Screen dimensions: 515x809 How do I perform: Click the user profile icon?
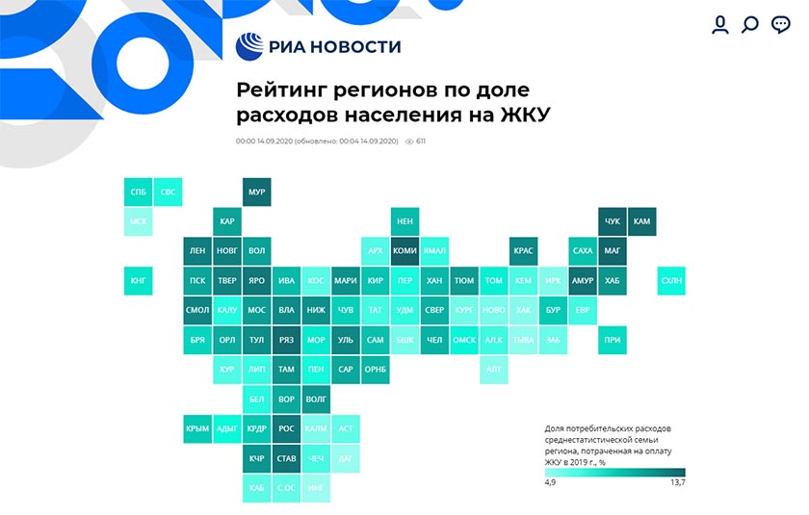coord(719,25)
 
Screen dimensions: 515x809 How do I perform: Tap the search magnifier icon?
coord(750,25)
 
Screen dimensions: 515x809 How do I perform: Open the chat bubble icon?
coord(781,25)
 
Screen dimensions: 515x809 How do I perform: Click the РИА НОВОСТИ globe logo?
coord(250,47)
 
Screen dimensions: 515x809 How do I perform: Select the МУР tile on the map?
coord(256,193)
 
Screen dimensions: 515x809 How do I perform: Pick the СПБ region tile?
coord(139,193)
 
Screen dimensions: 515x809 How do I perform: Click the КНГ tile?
coord(139,281)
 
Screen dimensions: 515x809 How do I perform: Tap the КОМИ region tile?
coord(404,251)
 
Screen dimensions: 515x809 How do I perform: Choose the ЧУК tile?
coord(613,222)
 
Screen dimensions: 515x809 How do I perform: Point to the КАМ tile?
coord(641,222)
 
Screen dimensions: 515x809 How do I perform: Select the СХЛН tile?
coord(670,281)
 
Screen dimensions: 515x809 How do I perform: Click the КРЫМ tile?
coord(197,428)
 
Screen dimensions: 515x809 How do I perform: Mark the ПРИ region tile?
coord(613,340)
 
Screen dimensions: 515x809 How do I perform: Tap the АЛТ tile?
coord(493,369)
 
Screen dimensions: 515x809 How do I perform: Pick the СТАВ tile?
coord(286,458)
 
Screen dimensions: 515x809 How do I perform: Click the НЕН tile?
coord(404,222)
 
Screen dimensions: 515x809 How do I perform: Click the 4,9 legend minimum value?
coord(552,482)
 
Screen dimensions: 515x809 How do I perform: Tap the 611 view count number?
coord(421,142)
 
